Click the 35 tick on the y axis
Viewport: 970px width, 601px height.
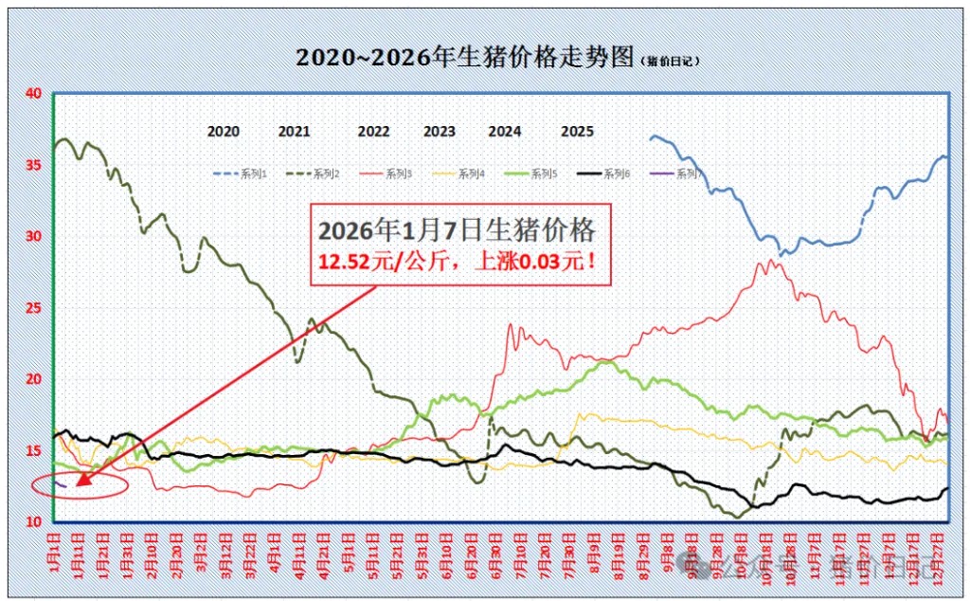point(33,165)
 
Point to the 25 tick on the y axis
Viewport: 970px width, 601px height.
point(33,308)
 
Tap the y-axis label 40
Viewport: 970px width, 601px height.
point(33,93)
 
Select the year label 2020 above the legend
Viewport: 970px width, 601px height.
point(223,132)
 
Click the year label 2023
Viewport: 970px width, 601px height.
point(439,132)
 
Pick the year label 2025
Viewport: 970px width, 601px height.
point(577,132)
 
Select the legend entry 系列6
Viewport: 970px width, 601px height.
point(617,173)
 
